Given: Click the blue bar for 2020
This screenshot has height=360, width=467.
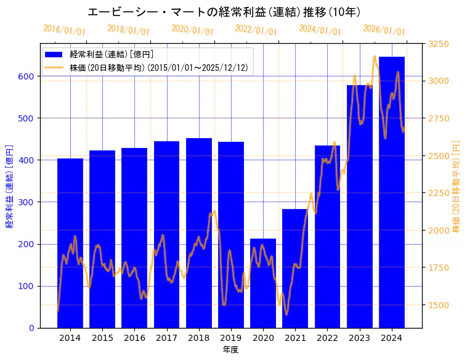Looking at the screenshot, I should coord(263,283).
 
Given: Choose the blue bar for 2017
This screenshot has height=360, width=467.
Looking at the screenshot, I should coord(166,234).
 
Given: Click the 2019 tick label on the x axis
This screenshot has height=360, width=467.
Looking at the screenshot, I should coord(231,338).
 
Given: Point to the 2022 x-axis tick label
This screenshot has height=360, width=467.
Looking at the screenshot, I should coord(327,338).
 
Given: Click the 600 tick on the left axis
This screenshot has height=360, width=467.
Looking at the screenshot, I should coord(27,76).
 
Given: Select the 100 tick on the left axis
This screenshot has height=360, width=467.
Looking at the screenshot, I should coord(27,286).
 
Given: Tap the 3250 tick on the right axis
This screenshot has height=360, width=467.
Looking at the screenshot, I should coord(439,44).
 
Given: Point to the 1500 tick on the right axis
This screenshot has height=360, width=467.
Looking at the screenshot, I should coord(439,305).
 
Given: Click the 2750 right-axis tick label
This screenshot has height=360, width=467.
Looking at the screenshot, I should coord(439,118).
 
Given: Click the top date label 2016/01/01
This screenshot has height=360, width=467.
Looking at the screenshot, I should coord(65,30).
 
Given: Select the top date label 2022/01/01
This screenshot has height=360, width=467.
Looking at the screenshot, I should coord(256,30).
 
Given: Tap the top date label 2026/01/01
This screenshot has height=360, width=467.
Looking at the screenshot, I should coord(384,30).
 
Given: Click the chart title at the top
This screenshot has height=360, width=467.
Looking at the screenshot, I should coord(224,12).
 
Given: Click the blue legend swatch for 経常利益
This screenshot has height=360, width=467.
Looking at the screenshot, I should coord(55,55).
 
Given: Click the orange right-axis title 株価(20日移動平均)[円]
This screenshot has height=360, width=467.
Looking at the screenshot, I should coord(456,186).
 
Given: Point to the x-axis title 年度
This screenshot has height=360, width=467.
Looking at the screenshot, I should coord(231,350).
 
